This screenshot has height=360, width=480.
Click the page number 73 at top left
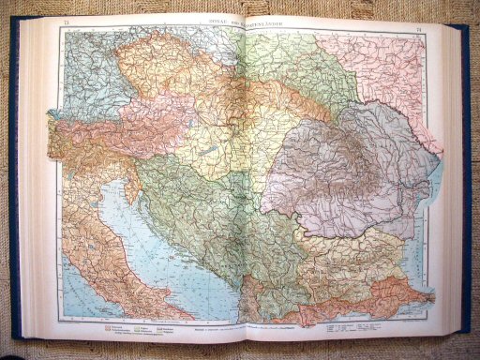pyautogui.click(x=64, y=21)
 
